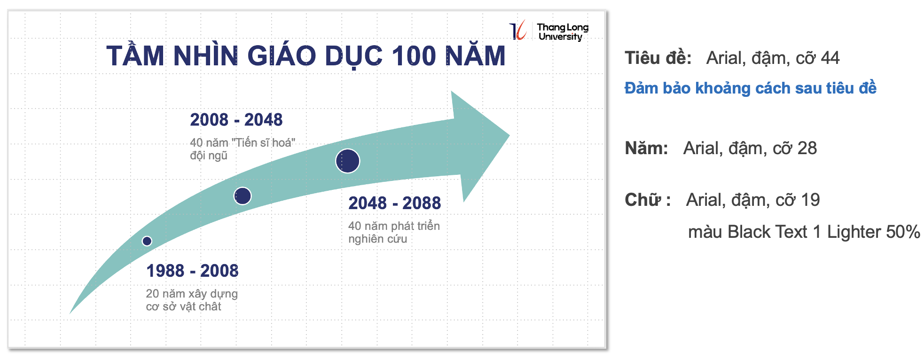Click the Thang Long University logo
click(549, 31)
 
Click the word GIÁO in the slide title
click(282, 56)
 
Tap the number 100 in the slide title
click(414, 56)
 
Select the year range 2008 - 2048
click(236, 120)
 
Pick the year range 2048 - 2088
click(394, 203)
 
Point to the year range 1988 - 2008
click(192, 271)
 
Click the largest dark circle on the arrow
click(348, 161)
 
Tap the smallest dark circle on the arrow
click(147, 241)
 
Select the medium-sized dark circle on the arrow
click(243, 196)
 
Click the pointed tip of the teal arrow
click(509, 136)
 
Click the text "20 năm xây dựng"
click(192, 294)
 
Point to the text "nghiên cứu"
click(377, 239)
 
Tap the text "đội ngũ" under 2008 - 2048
click(209, 156)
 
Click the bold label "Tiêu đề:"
click(658, 58)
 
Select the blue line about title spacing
click(751, 88)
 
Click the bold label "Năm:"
click(646, 148)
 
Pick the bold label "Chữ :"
click(648, 200)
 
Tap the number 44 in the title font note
click(830, 58)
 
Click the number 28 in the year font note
click(807, 148)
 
